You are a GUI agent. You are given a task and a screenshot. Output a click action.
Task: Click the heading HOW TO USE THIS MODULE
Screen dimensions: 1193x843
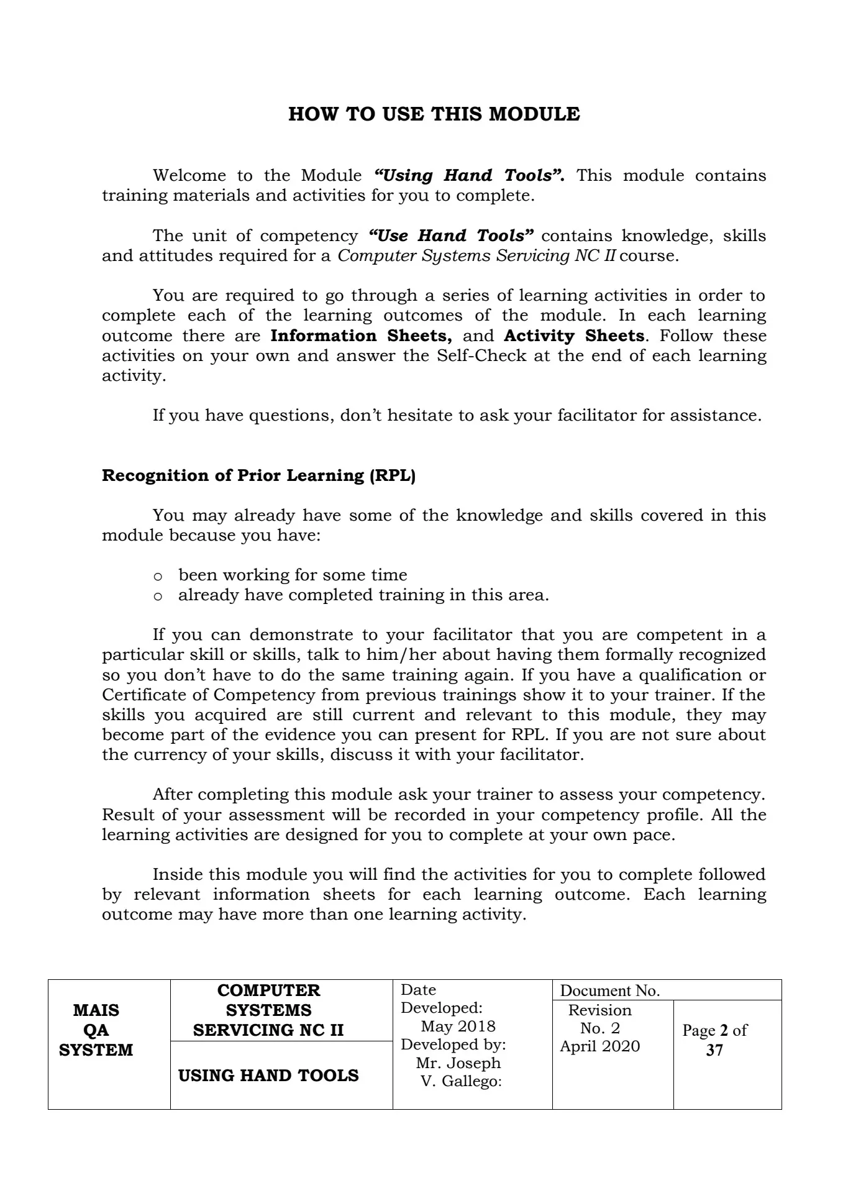point(434,114)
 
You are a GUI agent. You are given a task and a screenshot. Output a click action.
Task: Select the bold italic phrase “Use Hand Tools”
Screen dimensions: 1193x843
point(450,235)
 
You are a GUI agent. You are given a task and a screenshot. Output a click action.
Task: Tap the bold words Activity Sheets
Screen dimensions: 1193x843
point(574,336)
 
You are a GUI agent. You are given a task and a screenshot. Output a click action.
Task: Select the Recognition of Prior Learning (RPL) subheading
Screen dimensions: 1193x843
point(258,475)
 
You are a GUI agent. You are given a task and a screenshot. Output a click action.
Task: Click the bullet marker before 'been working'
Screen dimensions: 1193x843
point(158,576)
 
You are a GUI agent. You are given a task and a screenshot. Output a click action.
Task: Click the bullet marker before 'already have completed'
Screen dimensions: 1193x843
point(158,596)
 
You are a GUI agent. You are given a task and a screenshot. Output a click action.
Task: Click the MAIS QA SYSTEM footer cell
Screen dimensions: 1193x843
point(96,1030)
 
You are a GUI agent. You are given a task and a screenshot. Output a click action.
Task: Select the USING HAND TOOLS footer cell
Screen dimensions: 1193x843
point(268,1076)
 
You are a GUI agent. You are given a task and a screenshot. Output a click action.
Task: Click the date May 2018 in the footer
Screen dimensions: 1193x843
point(458,1026)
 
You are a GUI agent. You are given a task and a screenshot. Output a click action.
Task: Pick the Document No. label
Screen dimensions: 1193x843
point(609,990)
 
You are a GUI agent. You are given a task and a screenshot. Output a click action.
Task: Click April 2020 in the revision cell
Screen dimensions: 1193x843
point(599,1046)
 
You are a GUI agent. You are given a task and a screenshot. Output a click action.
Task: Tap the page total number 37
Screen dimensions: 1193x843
point(714,1050)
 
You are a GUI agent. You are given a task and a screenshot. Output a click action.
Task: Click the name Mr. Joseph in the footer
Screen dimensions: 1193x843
point(458,1063)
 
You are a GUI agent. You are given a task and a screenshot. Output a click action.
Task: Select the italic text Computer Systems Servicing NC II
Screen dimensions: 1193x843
point(477,255)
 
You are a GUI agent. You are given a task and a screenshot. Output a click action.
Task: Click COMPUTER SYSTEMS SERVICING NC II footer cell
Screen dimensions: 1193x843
point(268,1010)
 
